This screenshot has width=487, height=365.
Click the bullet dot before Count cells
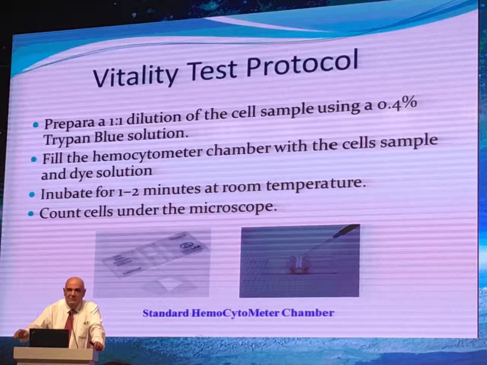pos(31,214)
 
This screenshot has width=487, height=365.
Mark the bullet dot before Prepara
pos(35,125)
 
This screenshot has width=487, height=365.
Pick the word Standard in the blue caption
pos(166,313)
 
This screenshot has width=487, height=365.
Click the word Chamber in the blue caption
pos(308,313)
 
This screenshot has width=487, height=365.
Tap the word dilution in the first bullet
pos(154,117)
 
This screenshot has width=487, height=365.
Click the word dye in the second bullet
pos(81,173)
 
